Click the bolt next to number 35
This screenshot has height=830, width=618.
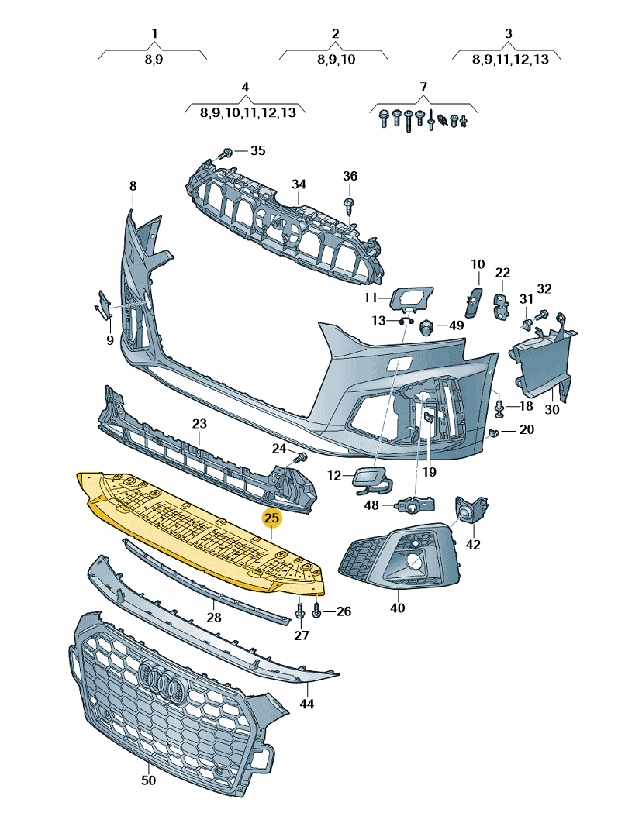point(227,151)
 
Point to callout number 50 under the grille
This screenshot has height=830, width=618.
point(148,780)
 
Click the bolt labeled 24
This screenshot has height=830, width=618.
point(301,457)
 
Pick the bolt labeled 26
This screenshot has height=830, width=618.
point(317,612)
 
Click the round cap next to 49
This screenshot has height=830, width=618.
point(426,328)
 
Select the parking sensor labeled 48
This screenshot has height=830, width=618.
point(416,505)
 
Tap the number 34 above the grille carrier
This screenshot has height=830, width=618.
point(299,184)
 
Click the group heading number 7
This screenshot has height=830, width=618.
point(423,85)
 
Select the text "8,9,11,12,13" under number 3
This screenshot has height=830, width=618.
point(509,59)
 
